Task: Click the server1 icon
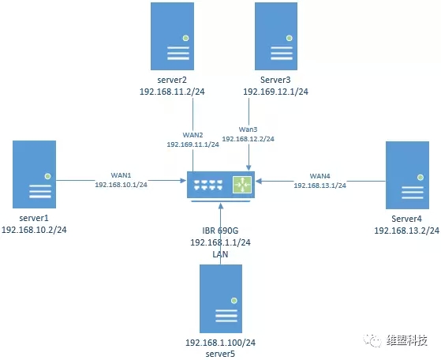tap(34, 174)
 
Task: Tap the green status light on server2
tap(185, 38)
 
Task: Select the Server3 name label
tap(275, 80)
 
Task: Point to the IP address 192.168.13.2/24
tap(407, 231)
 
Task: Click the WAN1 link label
tap(121, 175)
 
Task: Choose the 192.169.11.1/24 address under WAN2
tap(193, 144)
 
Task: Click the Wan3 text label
tap(248, 129)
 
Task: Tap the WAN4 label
tap(320, 176)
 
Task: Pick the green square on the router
tap(242, 185)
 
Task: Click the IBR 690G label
tap(220, 231)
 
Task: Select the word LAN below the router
tap(220, 254)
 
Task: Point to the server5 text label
tap(220, 354)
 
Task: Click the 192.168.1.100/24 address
tap(221, 343)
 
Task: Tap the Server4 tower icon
tap(407, 175)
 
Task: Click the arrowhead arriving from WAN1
tap(183, 180)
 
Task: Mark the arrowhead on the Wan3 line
tap(249, 167)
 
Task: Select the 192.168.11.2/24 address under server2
tap(172, 92)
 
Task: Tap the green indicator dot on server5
tap(234, 301)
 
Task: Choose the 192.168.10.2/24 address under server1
tap(34, 230)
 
